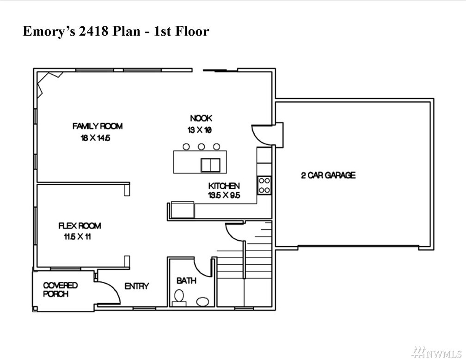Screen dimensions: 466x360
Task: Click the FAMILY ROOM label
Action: click(x=98, y=126)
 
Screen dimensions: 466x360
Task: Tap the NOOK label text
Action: click(x=201, y=118)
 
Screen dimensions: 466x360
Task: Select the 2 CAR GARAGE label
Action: click(x=328, y=175)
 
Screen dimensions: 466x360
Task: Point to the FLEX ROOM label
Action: click(x=80, y=226)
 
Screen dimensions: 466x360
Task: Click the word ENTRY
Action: click(x=137, y=286)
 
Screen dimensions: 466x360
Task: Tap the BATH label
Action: click(x=186, y=280)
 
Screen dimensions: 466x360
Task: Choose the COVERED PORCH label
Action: click(x=60, y=290)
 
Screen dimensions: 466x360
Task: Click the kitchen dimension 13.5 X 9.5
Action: click(x=224, y=195)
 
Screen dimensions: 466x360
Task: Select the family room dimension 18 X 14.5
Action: click(x=95, y=138)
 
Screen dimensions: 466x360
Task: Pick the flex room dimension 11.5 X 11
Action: click(x=77, y=237)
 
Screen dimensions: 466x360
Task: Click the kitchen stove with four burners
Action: click(x=264, y=186)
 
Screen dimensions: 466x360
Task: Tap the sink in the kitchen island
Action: click(x=210, y=165)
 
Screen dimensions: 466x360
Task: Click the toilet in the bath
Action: click(x=179, y=298)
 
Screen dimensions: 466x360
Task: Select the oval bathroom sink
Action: click(x=202, y=301)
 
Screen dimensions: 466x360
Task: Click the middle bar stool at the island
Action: click(x=201, y=147)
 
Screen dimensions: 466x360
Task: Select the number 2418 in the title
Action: click(x=93, y=31)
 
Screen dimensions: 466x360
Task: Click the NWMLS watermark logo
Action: click(x=436, y=353)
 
